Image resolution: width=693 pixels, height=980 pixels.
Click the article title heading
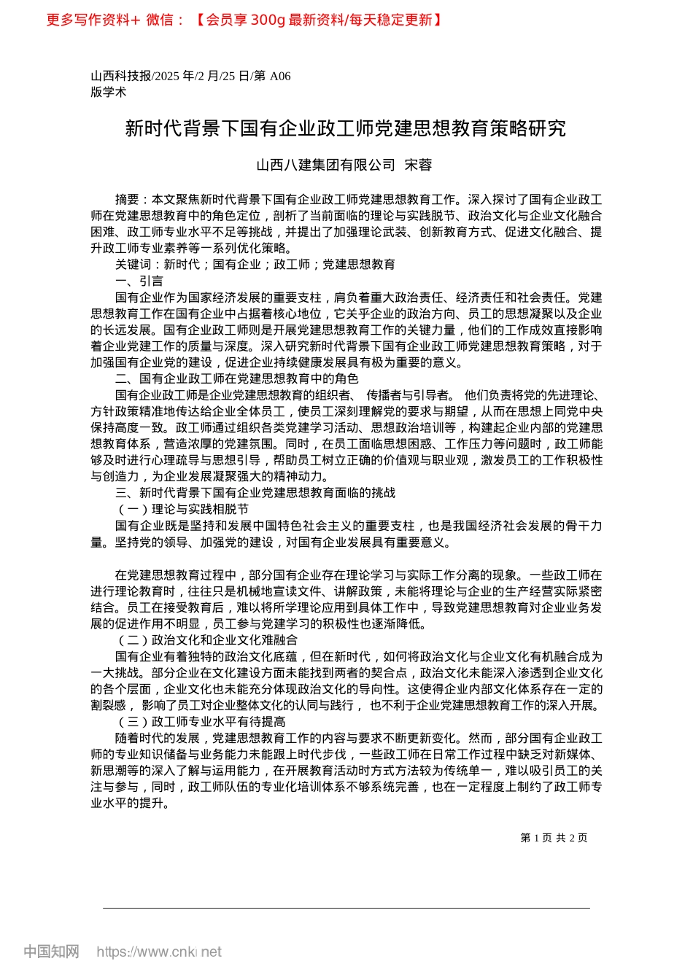(346, 128)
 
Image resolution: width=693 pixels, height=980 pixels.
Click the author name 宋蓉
(418, 165)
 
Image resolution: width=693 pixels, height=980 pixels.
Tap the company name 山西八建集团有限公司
(325, 165)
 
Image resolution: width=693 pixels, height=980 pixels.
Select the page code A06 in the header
(280, 76)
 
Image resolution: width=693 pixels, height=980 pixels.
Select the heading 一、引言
(139, 281)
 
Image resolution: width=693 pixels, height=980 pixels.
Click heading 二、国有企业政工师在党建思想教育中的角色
(236, 378)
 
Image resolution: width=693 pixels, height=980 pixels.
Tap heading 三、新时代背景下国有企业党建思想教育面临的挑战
(255, 493)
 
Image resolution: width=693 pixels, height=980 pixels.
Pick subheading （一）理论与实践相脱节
(182, 509)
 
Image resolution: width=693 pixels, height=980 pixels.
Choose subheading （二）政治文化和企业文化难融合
(206, 639)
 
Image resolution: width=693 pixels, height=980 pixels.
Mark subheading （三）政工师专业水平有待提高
(200, 721)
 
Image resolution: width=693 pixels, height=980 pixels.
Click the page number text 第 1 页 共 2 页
(554, 838)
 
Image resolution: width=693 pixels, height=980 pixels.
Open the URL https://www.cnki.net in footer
(159, 952)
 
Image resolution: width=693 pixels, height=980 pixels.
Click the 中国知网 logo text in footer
(51, 952)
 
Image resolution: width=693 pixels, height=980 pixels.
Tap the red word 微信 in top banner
(160, 20)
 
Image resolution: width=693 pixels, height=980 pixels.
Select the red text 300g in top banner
(267, 20)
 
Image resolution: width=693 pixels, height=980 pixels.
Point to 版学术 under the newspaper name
(109, 92)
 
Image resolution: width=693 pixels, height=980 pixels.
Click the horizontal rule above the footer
(346, 908)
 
